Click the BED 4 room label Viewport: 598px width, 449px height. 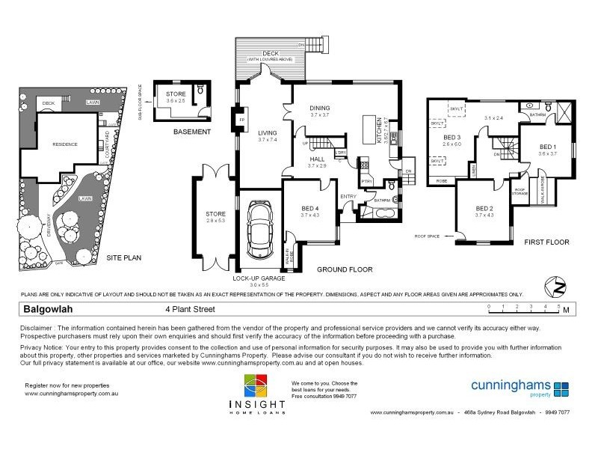(309, 209)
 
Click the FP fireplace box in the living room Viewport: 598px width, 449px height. (241, 120)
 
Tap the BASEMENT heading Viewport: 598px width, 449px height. (191, 132)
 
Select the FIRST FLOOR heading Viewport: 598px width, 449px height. (546, 242)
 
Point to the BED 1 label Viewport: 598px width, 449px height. (548, 147)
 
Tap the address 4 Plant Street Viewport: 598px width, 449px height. (189, 308)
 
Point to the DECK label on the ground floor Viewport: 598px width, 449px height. (271, 53)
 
